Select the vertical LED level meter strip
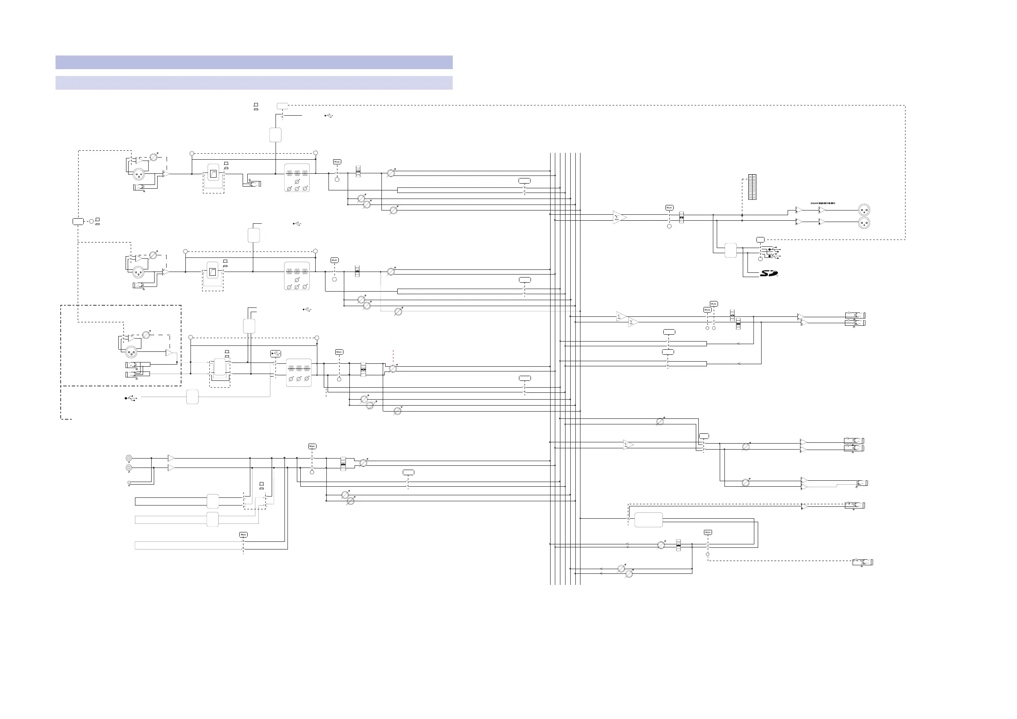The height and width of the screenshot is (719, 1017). point(752,187)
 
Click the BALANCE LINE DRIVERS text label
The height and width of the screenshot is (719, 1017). point(823,203)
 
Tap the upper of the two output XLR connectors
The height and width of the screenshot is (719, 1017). point(864,210)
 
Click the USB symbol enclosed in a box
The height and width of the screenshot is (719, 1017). point(275,354)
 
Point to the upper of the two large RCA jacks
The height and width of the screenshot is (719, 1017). point(129,458)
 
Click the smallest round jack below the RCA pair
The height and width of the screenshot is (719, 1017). point(129,482)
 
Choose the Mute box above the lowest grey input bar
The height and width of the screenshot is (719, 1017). point(243,535)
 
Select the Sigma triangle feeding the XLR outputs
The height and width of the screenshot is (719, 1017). point(619,217)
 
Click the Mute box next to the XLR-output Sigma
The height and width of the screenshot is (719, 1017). point(669,208)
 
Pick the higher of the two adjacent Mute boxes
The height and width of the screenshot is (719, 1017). point(713,304)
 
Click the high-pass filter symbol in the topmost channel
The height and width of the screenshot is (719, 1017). point(214,173)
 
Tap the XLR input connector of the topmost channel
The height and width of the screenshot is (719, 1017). point(139,174)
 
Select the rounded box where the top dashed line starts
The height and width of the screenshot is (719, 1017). point(282,106)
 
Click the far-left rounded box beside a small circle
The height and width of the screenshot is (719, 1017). point(78,221)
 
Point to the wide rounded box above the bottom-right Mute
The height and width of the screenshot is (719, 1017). point(648,520)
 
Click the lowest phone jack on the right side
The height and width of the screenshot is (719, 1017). point(862,562)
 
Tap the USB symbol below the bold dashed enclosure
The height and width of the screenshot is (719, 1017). point(131,398)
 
